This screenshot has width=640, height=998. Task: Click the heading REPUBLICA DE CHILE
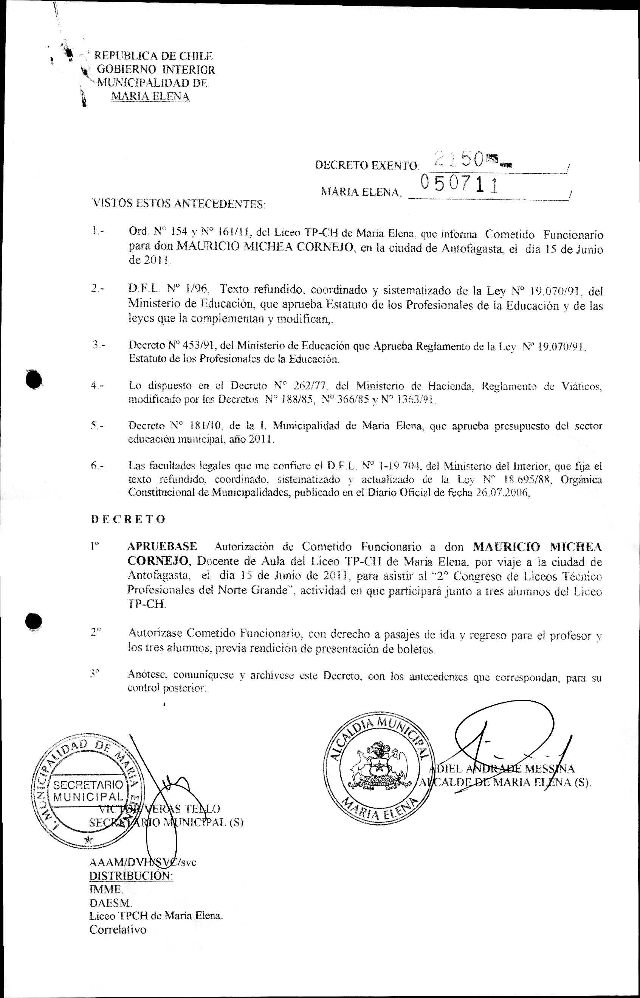point(153,56)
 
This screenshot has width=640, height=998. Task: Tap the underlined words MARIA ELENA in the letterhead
point(150,97)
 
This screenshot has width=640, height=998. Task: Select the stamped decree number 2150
point(459,159)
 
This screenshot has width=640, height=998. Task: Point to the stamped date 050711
point(459,183)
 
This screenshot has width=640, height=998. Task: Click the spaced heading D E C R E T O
point(128,519)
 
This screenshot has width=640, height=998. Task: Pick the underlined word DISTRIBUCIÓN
point(131,875)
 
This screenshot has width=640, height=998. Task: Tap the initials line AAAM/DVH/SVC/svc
point(143,861)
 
